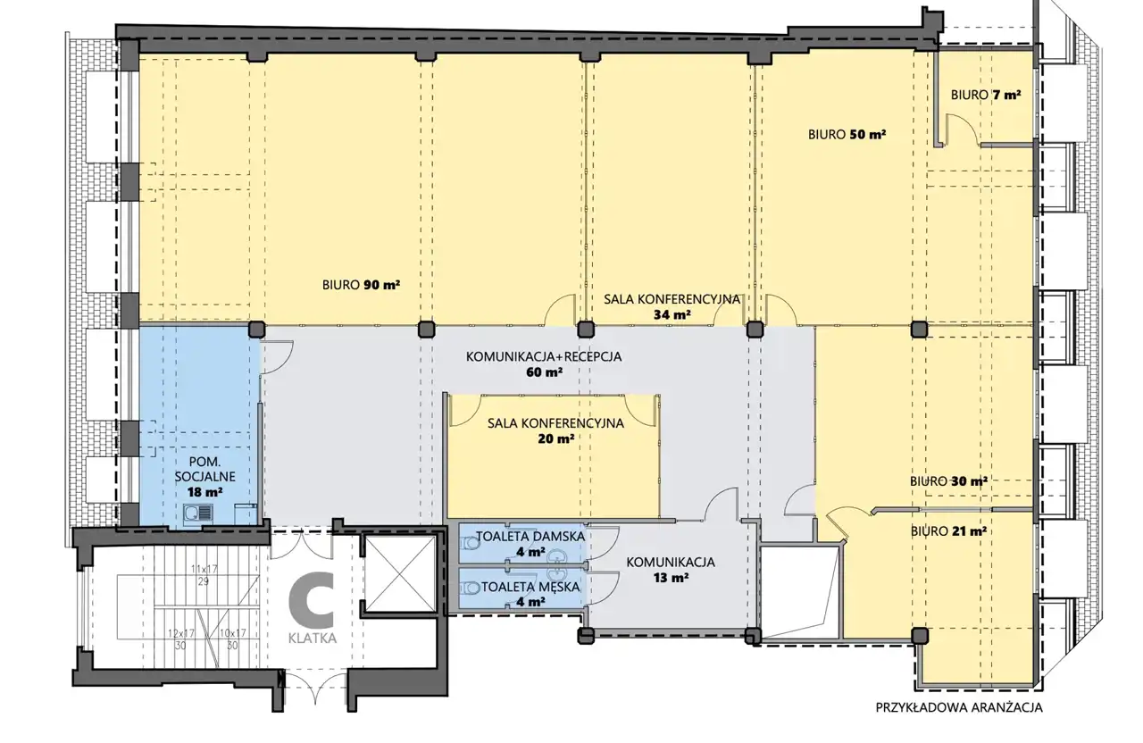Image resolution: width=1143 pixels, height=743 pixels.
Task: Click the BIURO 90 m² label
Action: coord(361,285)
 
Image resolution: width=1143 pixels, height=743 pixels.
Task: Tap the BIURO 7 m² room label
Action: coord(985,95)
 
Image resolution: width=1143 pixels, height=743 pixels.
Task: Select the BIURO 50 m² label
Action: coord(847,134)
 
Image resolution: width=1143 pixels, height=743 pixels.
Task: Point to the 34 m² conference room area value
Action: coord(672,314)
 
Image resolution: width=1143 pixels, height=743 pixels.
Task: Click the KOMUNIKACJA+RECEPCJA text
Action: coord(544,356)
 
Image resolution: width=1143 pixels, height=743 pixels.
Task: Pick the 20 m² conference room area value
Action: coord(555,438)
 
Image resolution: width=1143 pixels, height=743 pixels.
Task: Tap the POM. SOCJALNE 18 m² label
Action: coord(204,477)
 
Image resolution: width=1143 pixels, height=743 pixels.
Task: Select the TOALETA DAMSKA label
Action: coord(530,537)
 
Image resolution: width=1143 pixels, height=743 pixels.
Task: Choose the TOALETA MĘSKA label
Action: coord(530,587)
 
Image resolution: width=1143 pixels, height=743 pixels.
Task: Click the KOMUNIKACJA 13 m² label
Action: coord(671,570)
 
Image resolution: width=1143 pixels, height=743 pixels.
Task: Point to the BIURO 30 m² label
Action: coord(948,481)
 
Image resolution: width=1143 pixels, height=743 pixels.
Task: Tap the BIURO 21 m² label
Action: coord(948,531)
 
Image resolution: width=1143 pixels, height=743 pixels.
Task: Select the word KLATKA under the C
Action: coord(313,639)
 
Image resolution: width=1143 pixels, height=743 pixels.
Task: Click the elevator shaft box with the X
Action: coord(399,574)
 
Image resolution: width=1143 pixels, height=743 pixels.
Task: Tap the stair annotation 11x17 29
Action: coord(204,575)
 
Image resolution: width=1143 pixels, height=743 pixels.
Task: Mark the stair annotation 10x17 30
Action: coord(233,639)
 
